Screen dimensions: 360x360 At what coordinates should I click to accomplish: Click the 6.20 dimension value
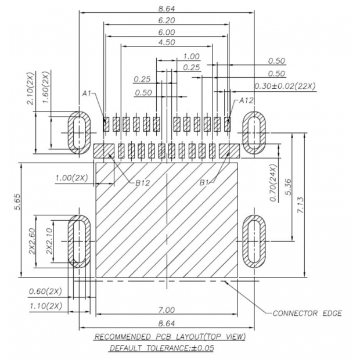(x=167, y=20)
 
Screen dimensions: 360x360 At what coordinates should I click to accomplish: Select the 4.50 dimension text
(x=167, y=43)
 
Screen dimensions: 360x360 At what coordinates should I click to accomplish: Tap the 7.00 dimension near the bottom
(x=167, y=310)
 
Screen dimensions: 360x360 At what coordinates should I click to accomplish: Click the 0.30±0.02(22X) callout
(x=285, y=86)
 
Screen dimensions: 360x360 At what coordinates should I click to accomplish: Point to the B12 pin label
(x=143, y=182)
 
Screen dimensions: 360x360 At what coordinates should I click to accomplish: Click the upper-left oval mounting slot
(x=78, y=132)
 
